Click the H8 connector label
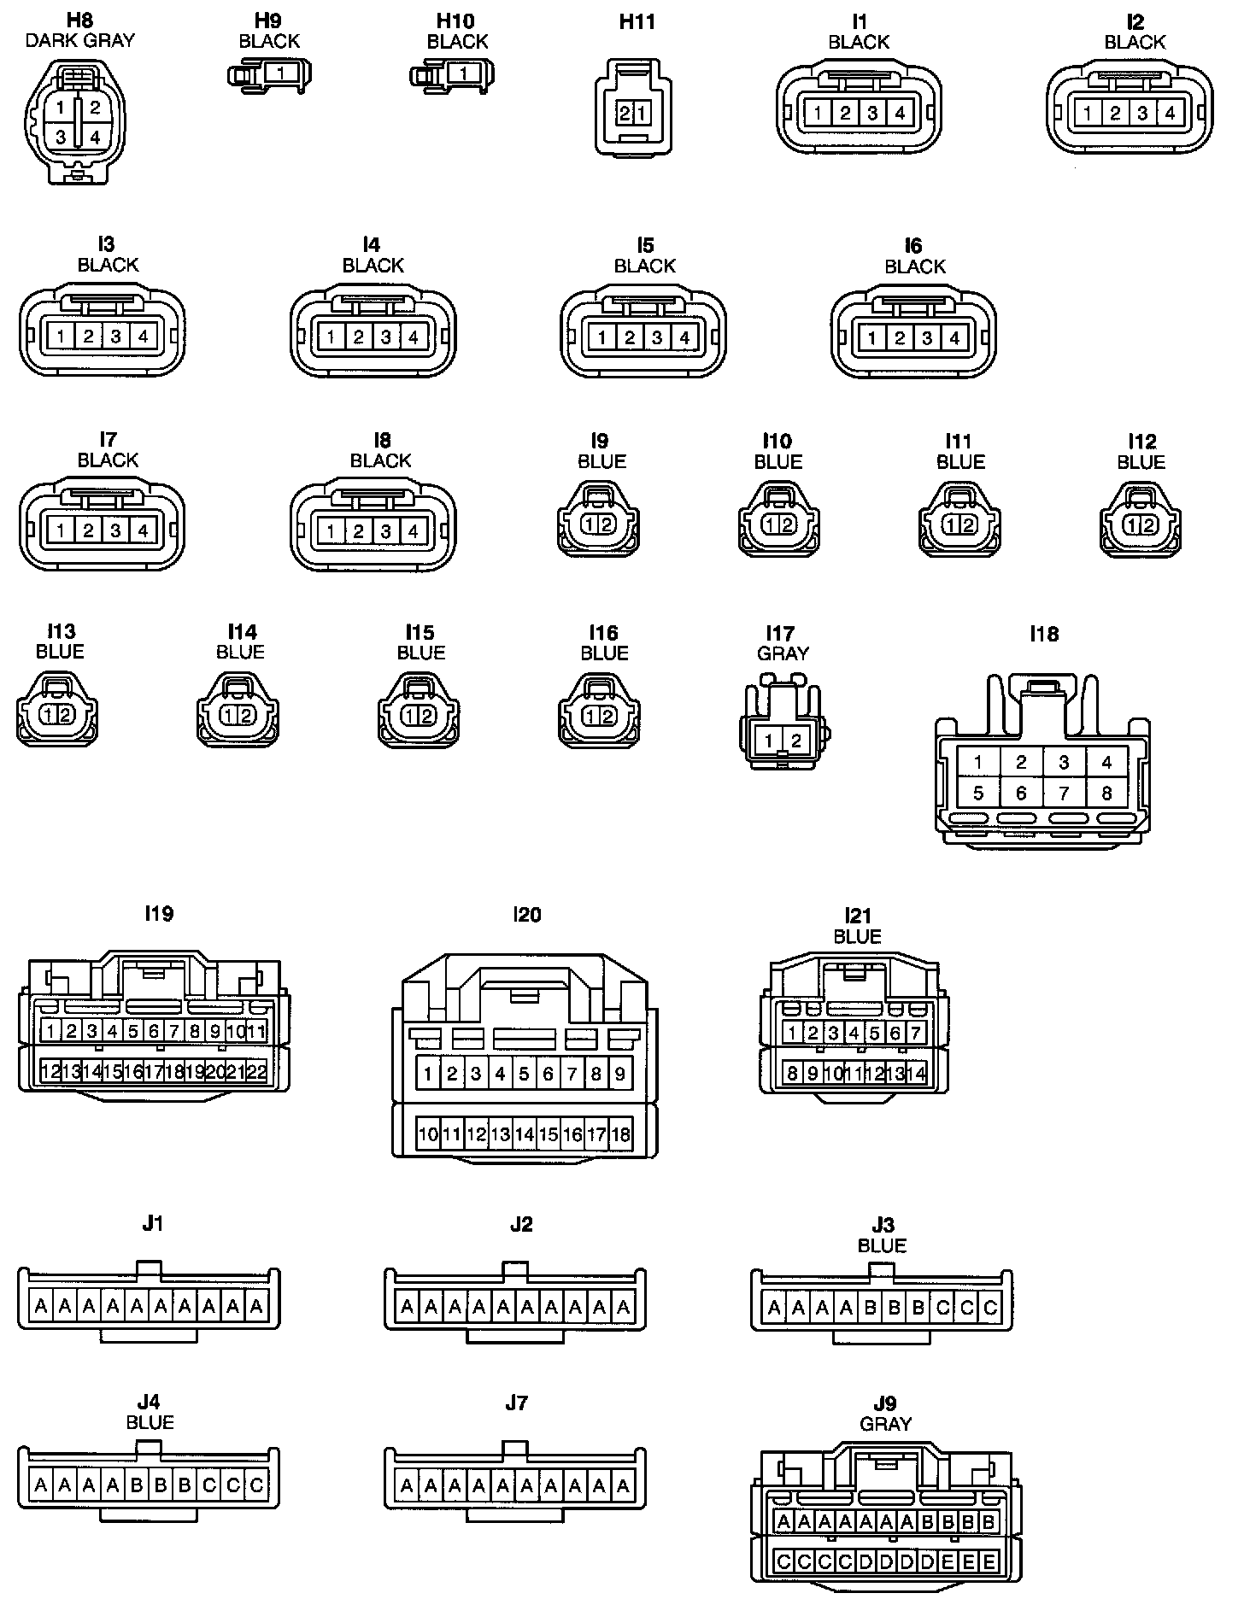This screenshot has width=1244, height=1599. (x=79, y=20)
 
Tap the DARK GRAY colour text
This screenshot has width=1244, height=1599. (x=79, y=40)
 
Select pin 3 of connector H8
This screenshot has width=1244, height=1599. (x=61, y=137)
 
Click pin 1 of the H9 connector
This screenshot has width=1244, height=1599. (x=280, y=73)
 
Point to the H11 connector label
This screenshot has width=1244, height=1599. (x=637, y=22)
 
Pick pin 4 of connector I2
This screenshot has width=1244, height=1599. (x=1169, y=113)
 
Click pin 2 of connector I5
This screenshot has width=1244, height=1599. (x=630, y=337)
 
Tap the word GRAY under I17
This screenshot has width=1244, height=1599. (x=783, y=653)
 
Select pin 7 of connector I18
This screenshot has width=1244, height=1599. (x=1064, y=794)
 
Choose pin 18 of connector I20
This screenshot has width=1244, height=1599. (x=621, y=1134)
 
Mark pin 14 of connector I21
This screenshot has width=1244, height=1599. (x=916, y=1073)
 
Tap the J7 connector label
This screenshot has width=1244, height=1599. (x=516, y=1403)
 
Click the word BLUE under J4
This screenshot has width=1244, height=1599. (x=150, y=1422)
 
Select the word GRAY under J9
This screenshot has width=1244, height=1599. (x=886, y=1424)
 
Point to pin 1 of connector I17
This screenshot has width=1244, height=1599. (x=769, y=741)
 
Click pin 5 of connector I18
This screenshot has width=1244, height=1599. (x=978, y=794)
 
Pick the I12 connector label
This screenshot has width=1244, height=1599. (x=1141, y=442)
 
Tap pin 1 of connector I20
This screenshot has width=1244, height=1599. (x=428, y=1074)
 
